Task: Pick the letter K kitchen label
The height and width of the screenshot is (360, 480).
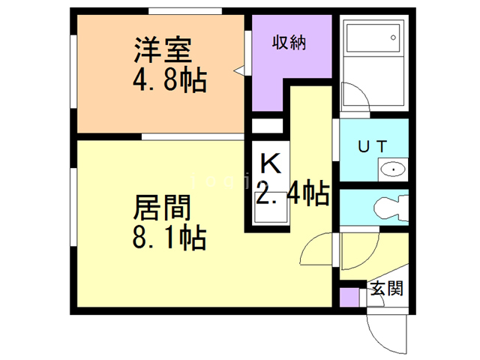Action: [269, 162]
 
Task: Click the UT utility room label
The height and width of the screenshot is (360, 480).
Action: [373, 148]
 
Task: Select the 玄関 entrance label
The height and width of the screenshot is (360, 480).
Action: [385, 288]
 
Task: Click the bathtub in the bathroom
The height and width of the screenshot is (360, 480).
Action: [373, 44]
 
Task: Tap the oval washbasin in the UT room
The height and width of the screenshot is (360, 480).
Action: [393, 170]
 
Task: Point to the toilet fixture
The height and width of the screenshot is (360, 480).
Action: [390, 207]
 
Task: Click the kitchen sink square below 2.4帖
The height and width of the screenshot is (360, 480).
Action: [270, 211]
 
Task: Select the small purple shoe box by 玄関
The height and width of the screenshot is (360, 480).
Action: [349, 295]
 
